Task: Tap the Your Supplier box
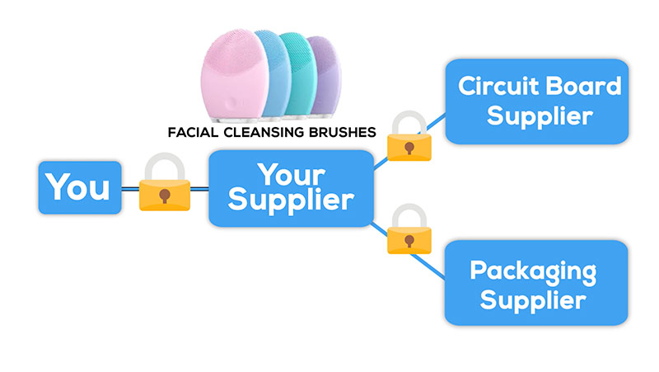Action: pos(291,187)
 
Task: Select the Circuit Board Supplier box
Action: pos(539,101)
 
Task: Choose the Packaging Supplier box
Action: pos(535,283)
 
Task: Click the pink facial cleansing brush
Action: pos(236,78)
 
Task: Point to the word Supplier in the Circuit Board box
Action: pos(539,115)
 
